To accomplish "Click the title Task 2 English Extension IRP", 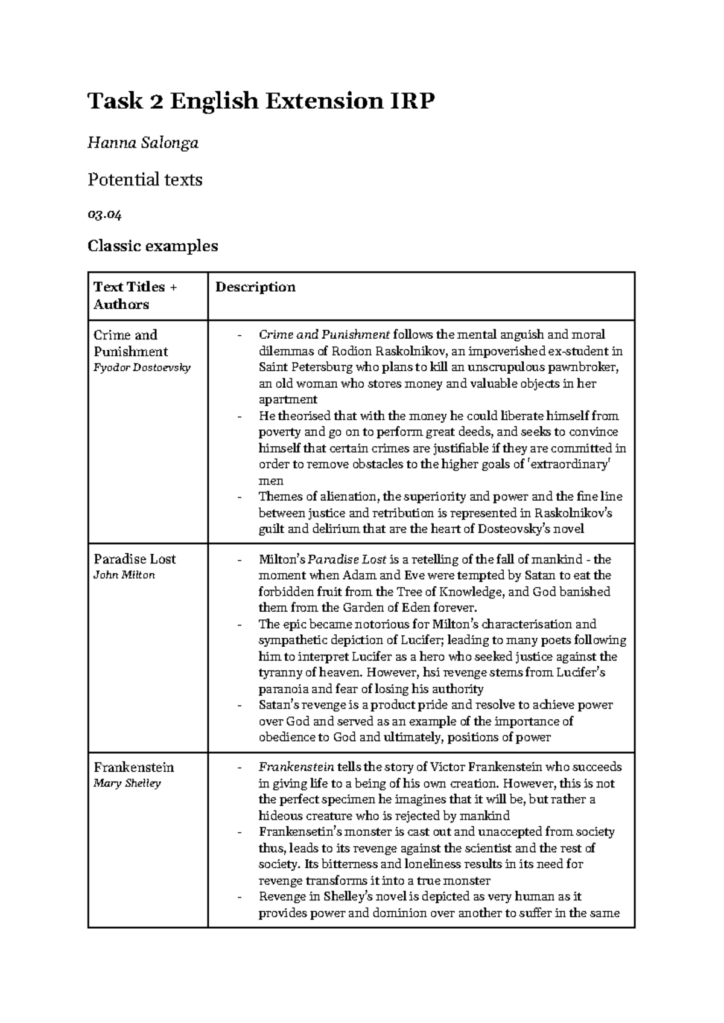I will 261,101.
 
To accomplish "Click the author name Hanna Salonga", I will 143,143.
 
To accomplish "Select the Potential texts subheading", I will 145,179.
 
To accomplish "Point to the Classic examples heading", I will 153,246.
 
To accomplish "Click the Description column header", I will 255,287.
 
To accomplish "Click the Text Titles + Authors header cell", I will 135,295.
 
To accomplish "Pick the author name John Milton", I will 124,575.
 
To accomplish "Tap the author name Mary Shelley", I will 127,783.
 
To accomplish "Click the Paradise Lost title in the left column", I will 135,559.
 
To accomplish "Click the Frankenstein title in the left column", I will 133,767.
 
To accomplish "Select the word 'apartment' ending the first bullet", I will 288,400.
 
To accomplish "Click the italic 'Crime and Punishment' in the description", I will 324,335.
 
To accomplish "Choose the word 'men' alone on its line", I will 270,481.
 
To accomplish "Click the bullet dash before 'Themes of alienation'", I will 240,497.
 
